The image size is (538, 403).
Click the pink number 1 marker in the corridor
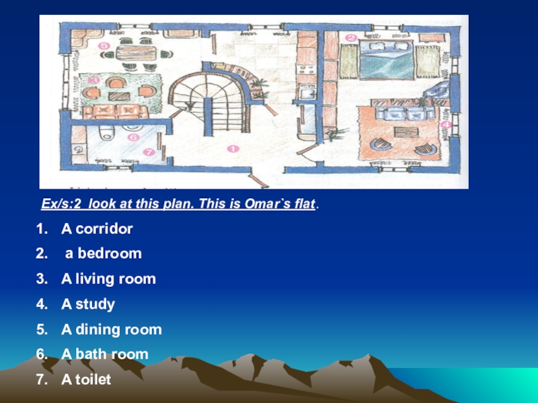point(233,148)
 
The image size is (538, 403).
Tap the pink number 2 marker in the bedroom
point(350,38)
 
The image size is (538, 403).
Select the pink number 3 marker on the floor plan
point(93,81)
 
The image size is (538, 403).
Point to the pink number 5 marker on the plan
point(104,46)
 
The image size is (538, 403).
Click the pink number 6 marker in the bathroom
point(133,138)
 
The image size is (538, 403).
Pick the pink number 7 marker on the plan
point(149,152)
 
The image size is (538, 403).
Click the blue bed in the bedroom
point(386,60)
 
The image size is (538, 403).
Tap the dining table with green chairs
point(137,53)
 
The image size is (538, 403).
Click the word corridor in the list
point(104,229)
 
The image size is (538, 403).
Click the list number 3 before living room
point(42,279)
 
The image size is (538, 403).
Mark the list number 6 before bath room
point(42,355)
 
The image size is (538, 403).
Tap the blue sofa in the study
point(405,113)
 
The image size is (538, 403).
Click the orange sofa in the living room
point(115,111)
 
